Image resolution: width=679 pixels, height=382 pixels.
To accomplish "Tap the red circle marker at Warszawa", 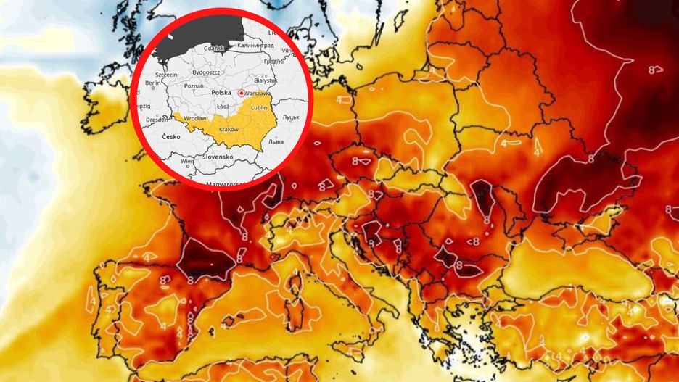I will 241,93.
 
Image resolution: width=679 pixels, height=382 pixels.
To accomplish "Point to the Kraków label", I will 229,129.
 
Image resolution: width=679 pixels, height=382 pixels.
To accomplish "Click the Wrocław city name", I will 194,117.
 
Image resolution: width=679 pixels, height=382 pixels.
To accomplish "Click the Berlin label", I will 152,83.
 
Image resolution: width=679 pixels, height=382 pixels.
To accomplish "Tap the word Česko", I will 172,137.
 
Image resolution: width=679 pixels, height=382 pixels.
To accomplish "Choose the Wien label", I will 187,160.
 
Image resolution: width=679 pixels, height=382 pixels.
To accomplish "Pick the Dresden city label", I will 156,120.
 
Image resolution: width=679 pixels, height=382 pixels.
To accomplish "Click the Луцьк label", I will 290,117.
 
